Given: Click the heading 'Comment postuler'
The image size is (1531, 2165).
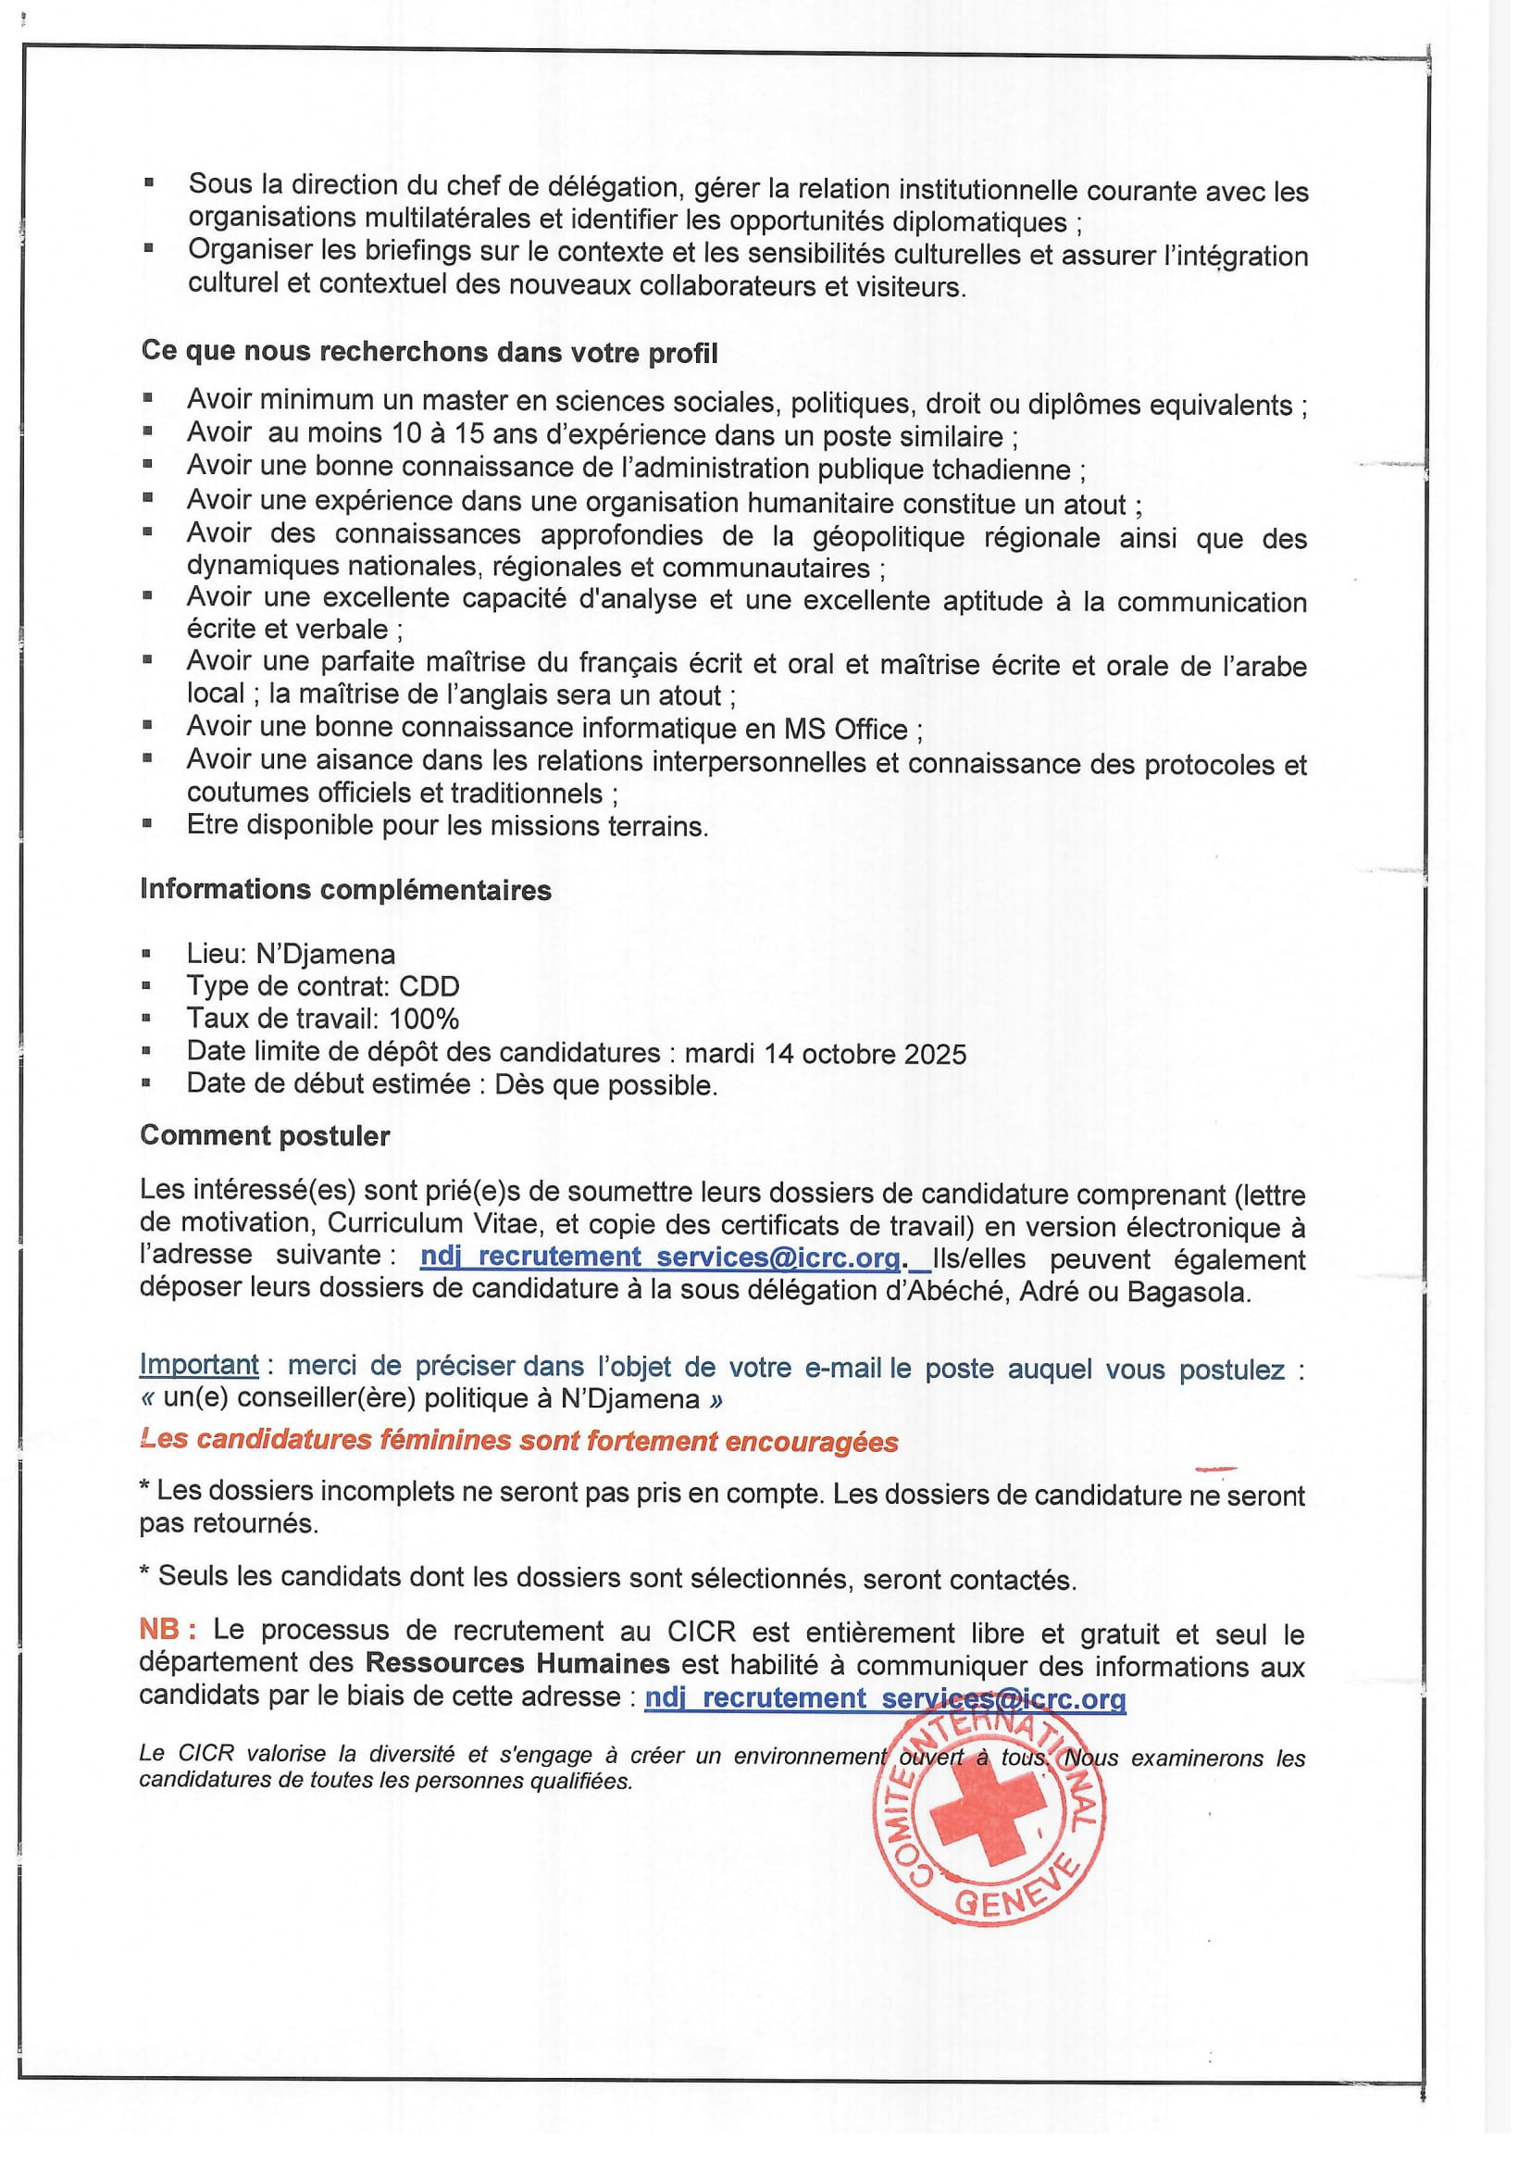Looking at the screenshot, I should [x=265, y=1135].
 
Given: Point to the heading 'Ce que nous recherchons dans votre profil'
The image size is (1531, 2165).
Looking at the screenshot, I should [x=429, y=352].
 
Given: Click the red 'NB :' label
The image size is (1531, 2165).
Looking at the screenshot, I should [x=168, y=1630].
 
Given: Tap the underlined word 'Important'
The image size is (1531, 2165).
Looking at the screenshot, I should [x=198, y=1364].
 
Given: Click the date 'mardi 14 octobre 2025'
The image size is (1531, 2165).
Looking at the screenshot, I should [x=825, y=1053].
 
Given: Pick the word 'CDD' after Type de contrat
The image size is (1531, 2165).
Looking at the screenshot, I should [x=429, y=986].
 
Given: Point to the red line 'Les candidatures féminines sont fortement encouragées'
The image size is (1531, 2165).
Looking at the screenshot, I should [x=518, y=1441].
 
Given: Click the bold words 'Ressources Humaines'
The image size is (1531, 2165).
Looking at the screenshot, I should [x=517, y=1662].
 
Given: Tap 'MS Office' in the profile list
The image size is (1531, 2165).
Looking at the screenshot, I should [x=846, y=729].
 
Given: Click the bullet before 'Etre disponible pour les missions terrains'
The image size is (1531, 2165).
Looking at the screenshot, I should [x=147, y=823].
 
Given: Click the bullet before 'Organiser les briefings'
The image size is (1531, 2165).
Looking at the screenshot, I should [x=148, y=249].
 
